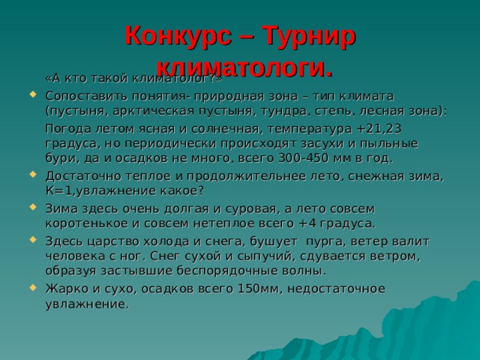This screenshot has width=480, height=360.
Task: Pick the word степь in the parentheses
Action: point(357,110)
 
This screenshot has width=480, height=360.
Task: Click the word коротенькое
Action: point(83,223)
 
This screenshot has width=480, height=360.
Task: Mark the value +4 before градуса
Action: point(305,223)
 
